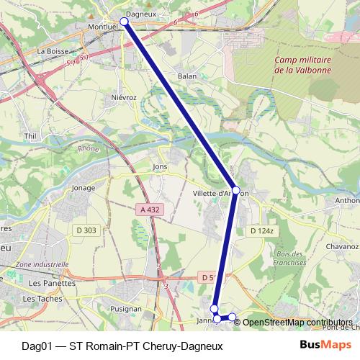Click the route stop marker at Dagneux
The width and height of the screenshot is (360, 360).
(x=124, y=22)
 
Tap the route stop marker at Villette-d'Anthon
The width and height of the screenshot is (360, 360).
(x=236, y=191)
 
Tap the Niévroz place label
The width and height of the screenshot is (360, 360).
(x=124, y=96)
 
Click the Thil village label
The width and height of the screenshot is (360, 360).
(x=30, y=135)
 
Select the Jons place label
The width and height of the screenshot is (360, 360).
(x=160, y=166)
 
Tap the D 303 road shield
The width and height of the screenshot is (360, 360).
(x=86, y=230)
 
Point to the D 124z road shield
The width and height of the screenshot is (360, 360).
(x=262, y=230)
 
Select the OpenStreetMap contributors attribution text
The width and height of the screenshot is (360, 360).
(x=297, y=322)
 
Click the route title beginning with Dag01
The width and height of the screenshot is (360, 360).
(x=122, y=346)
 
